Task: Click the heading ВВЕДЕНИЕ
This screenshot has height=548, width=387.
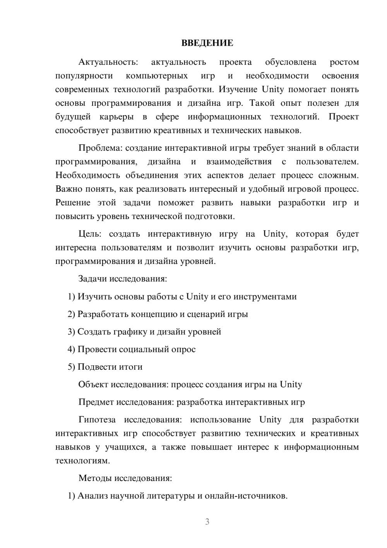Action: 207,43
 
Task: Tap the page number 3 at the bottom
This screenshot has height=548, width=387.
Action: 207,522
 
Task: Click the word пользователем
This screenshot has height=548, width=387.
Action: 327,162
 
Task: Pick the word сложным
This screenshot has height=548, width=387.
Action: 338,175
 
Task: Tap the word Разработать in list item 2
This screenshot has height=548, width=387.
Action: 103,314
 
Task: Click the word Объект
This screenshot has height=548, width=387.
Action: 93,384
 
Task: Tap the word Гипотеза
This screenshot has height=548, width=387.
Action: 97,420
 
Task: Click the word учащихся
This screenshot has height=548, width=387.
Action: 126,447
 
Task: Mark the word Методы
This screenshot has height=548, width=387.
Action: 95,478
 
